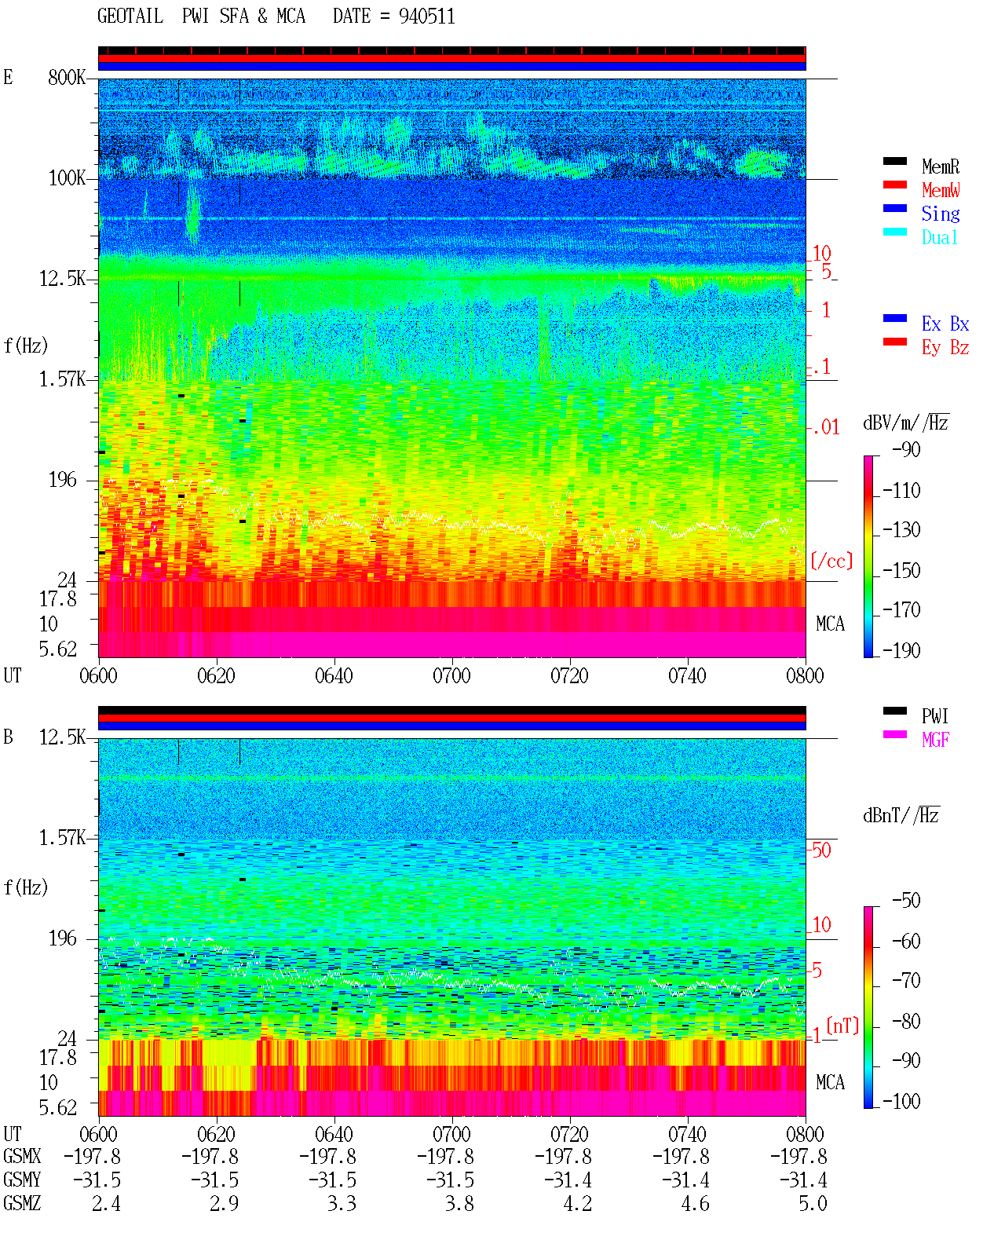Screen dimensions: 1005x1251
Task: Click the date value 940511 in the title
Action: pyautogui.click(x=426, y=16)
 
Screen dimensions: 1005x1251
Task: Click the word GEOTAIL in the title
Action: pyautogui.click(x=130, y=16)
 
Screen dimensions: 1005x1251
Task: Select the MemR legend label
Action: pyautogui.click(x=941, y=166)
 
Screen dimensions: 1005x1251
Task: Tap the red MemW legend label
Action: pyautogui.click(x=941, y=190)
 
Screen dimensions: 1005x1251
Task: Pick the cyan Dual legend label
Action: pyautogui.click(x=939, y=237)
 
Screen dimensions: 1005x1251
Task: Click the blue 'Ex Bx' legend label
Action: pyautogui.click(x=945, y=324)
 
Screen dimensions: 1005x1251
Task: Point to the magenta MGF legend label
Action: pyautogui.click(x=935, y=740)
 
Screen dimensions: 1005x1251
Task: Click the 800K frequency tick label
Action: pyautogui.click(x=67, y=77)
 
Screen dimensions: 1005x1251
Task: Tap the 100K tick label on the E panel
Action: pyautogui.click(x=67, y=178)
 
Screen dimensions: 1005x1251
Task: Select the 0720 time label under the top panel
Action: pyautogui.click(x=570, y=676)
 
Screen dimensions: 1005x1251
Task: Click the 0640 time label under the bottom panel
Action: pyautogui.click(x=334, y=1133)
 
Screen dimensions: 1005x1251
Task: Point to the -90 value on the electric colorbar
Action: pyautogui.click(x=906, y=449)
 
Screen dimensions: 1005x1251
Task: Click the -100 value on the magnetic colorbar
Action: pyautogui.click(x=901, y=1101)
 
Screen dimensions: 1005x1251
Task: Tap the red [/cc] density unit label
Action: pyautogui.click(x=831, y=561)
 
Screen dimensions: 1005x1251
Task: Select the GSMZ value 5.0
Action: pyautogui.click(x=813, y=1203)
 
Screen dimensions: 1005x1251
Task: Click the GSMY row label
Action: pyautogui.click(x=22, y=1180)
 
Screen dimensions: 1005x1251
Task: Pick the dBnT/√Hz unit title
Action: pyautogui.click(x=901, y=815)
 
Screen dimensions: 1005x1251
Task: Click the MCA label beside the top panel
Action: pyautogui.click(x=830, y=624)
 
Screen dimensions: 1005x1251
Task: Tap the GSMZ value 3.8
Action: pyautogui.click(x=459, y=1203)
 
